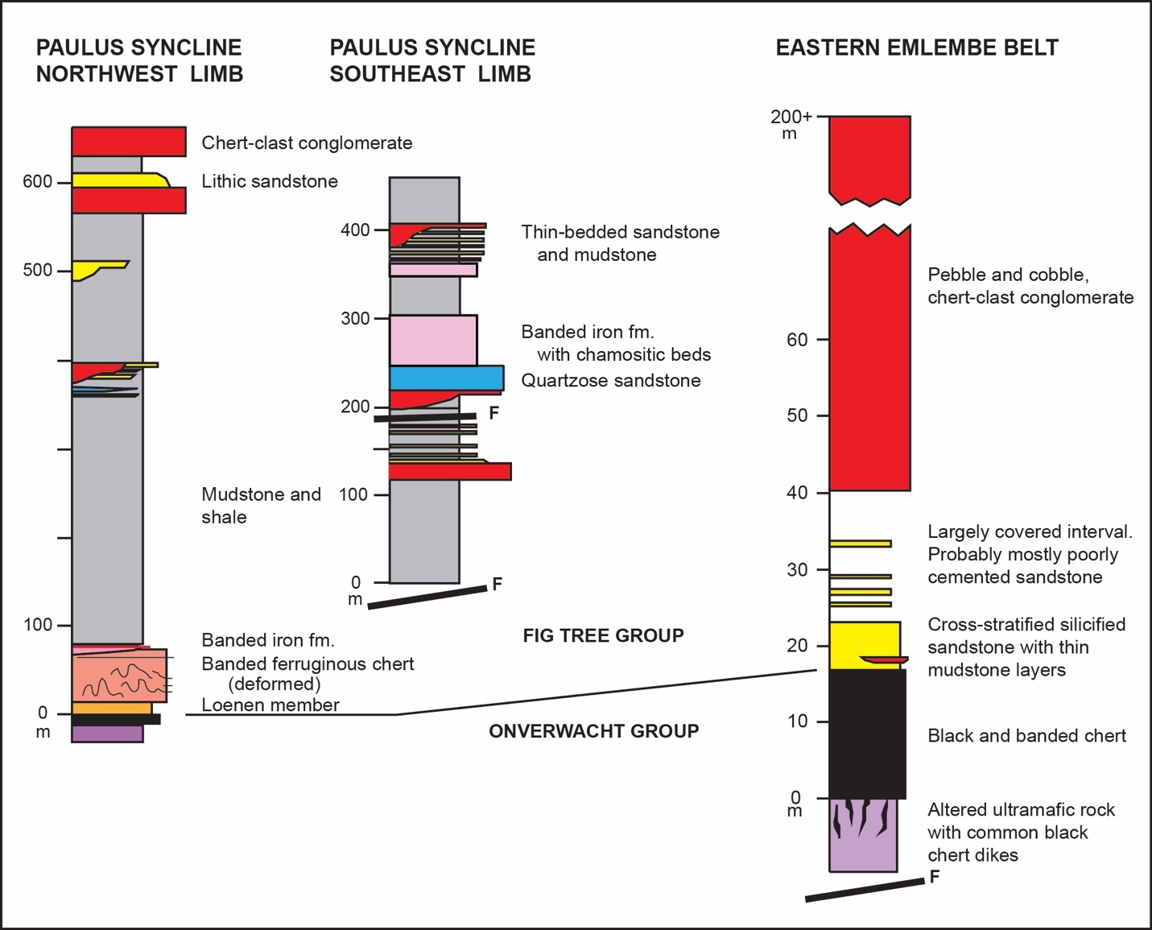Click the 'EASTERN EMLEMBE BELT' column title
[x=916, y=48]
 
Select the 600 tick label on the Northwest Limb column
[x=37, y=182]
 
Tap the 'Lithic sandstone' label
[x=269, y=181]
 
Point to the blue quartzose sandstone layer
[x=446, y=378]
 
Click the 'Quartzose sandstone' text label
[x=610, y=380]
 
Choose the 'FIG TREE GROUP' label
[x=603, y=635]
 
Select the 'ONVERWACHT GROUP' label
[x=593, y=731]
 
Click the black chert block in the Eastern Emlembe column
[x=867, y=734]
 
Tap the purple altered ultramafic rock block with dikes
[x=863, y=835]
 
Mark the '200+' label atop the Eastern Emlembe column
[x=791, y=118]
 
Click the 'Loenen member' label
[x=270, y=705]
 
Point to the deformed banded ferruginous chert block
[x=119, y=676]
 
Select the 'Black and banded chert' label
[x=1026, y=735]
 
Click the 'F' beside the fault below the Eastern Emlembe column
[x=934, y=877]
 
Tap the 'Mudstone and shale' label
[x=260, y=506]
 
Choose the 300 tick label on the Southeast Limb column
[x=354, y=318]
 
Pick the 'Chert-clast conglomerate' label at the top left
[x=307, y=143]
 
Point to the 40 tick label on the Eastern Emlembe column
[x=797, y=493]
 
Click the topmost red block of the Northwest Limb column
[x=129, y=141]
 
